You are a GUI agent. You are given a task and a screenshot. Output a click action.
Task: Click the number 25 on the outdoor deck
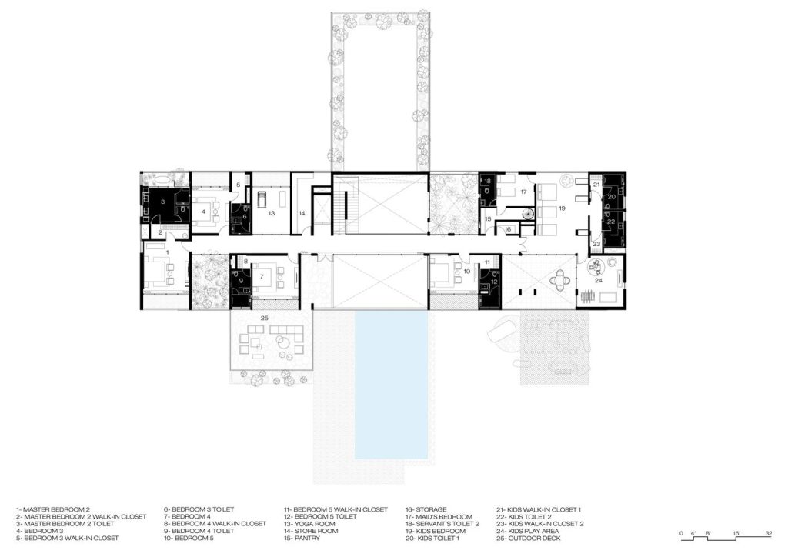(x=265, y=318)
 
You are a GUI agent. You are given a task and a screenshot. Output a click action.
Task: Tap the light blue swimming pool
(x=392, y=384)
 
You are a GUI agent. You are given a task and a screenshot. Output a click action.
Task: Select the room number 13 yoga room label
(x=272, y=213)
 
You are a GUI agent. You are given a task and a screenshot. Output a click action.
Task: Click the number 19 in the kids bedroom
(x=562, y=208)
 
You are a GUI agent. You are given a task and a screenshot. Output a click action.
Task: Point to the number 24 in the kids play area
(x=598, y=280)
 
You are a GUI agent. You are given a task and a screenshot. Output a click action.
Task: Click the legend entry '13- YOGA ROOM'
(x=309, y=524)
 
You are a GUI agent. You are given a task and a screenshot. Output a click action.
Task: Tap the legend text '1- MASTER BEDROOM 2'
(x=53, y=509)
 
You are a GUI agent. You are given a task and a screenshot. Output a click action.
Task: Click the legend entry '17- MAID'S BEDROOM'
(x=439, y=516)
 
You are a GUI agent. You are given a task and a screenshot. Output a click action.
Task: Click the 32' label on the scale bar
(x=770, y=533)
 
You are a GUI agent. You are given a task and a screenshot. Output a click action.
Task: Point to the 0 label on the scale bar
(x=681, y=533)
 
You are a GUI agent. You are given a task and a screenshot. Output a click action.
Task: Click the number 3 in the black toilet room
(x=163, y=202)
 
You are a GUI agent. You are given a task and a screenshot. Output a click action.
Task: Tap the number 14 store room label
(x=302, y=213)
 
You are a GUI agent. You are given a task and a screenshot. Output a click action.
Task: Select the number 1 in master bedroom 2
(x=167, y=245)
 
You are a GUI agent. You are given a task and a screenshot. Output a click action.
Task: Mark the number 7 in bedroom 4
(x=262, y=276)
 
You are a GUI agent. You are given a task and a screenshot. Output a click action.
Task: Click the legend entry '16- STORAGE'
(x=426, y=509)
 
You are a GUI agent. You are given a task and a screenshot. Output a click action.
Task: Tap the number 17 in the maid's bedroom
(x=523, y=192)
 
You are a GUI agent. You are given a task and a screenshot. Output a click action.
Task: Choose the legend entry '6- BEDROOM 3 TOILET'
(x=199, y=509)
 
